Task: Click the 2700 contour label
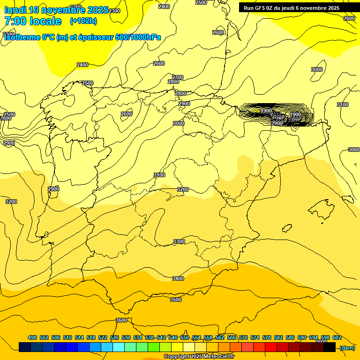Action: pyautogui.click(x=178, y=77)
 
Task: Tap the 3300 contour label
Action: pyautogui.click(x=179, y=241)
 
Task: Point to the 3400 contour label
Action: pyautogui.click(x=178, y=278)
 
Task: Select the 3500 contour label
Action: pyautogui.click(x=176, y=300)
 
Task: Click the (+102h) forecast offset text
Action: pyautogui.click(x=83, y=21)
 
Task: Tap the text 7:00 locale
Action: pyautogui.click(x=33, y=21)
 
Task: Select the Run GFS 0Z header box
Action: pyautogui.click(x=292, y=8)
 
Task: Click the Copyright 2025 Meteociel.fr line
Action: pyautogui.click(x=199, y=357)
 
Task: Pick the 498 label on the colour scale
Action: pyautogui.click(x=32, y=337)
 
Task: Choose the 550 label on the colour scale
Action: pyautogui.click(x=185, y=337)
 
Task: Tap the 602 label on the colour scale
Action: pyautogui.click(x=337, y=337)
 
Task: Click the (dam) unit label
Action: pyautogui.click(x=347, y=347)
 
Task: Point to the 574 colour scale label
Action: pyautogui.click(x=255, y=337)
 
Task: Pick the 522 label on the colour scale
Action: pyautogui.click(x=103, y=337)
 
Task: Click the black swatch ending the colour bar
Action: pyautogui.click(x=330, y=347)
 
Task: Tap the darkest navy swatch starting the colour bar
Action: pyautogui.click(x=25, y=347)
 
